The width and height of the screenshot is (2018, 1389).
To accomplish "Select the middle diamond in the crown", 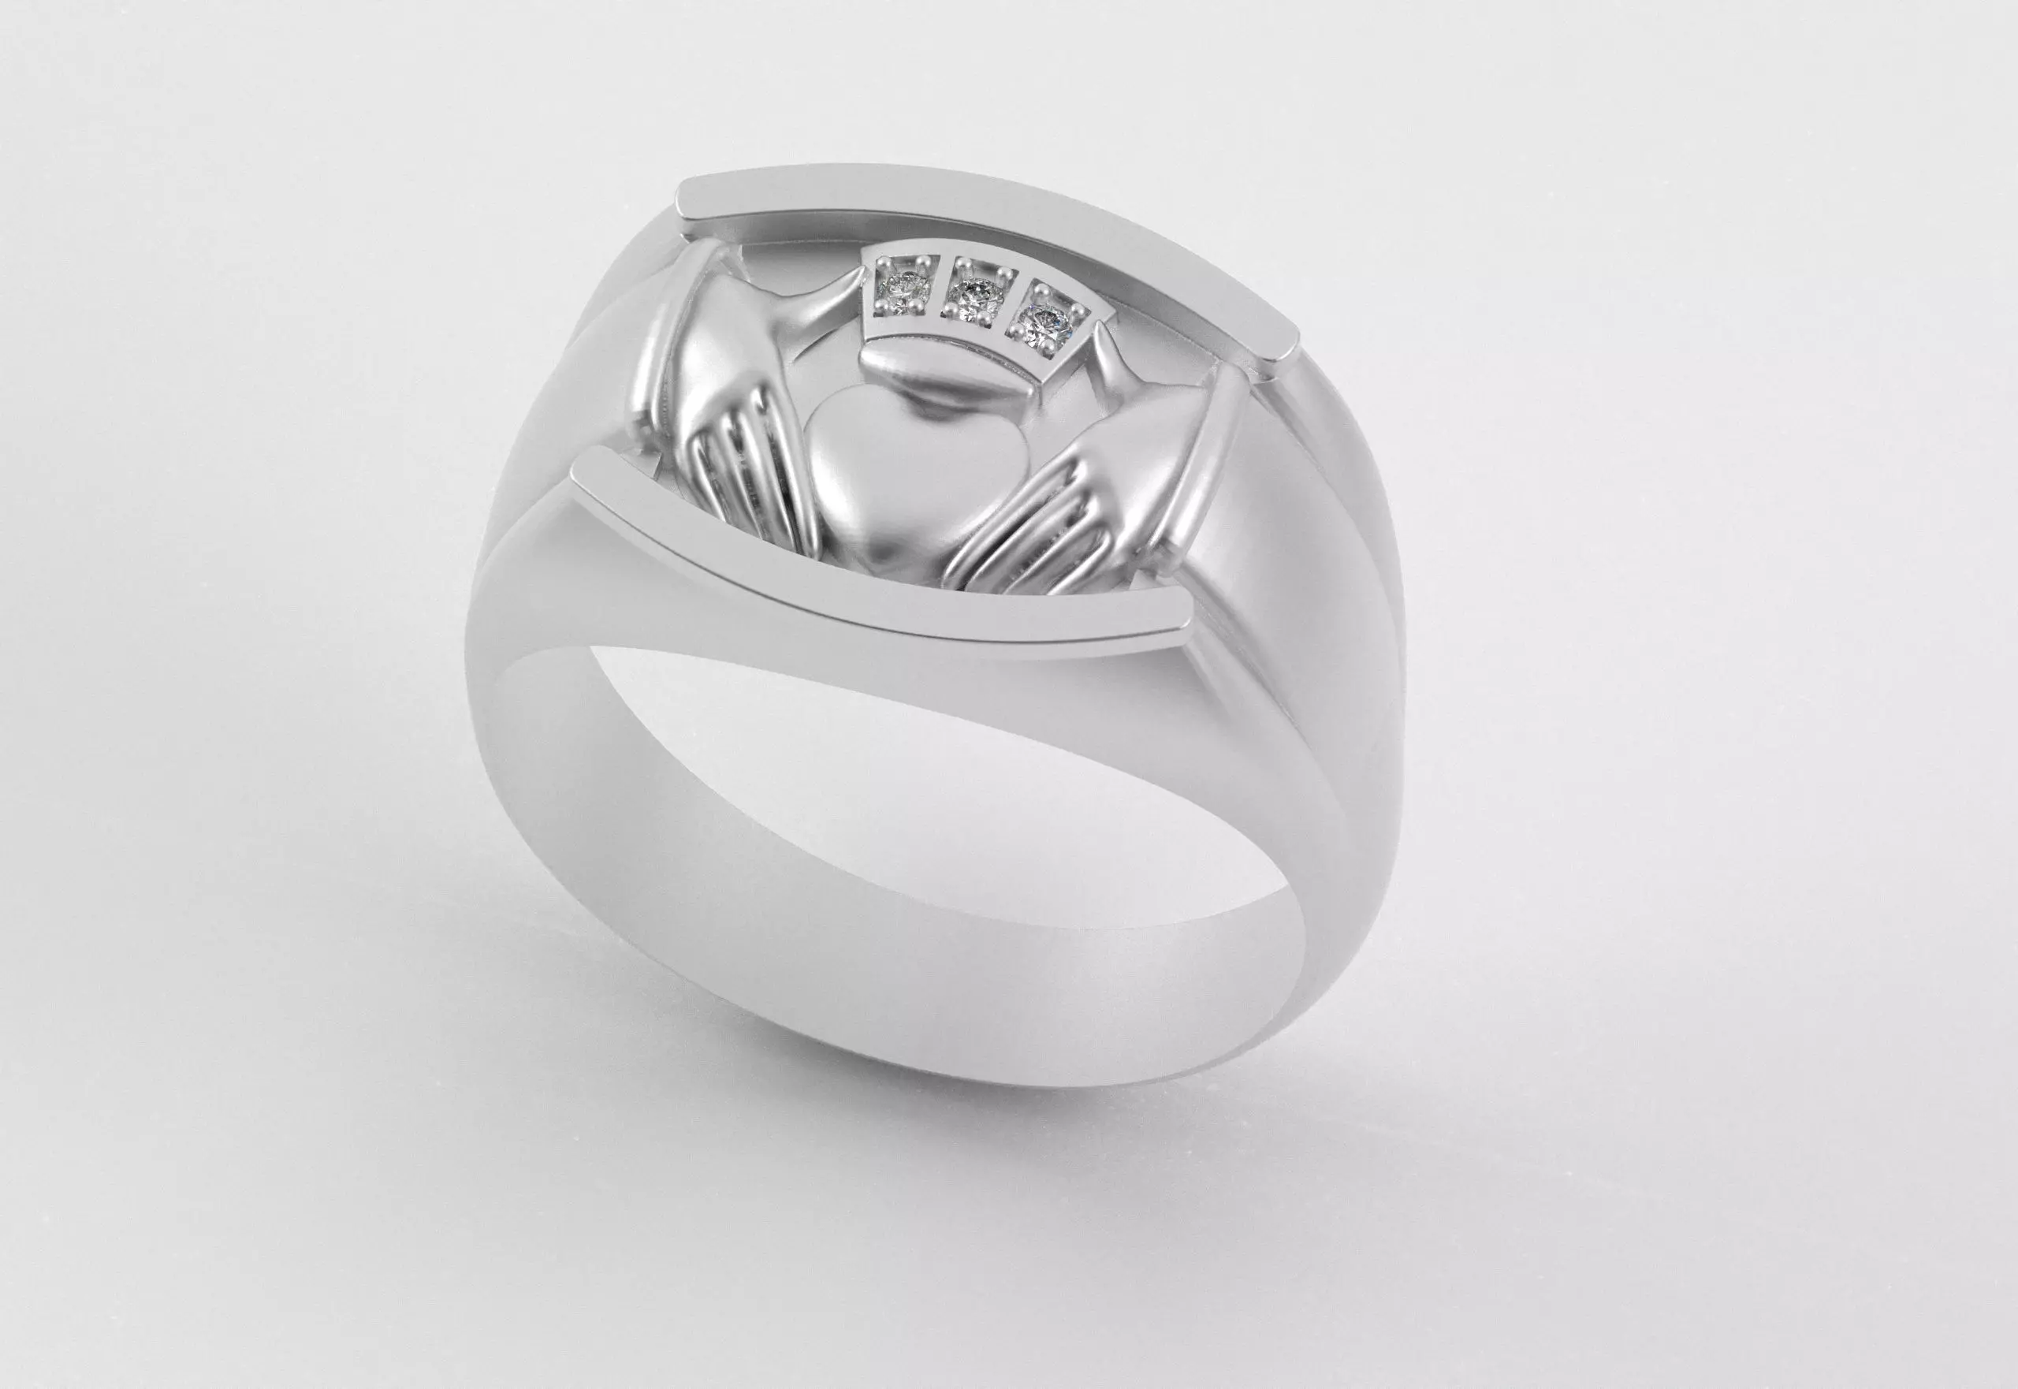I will click(972, 298).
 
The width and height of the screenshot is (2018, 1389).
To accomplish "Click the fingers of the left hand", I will click(748, 487).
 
